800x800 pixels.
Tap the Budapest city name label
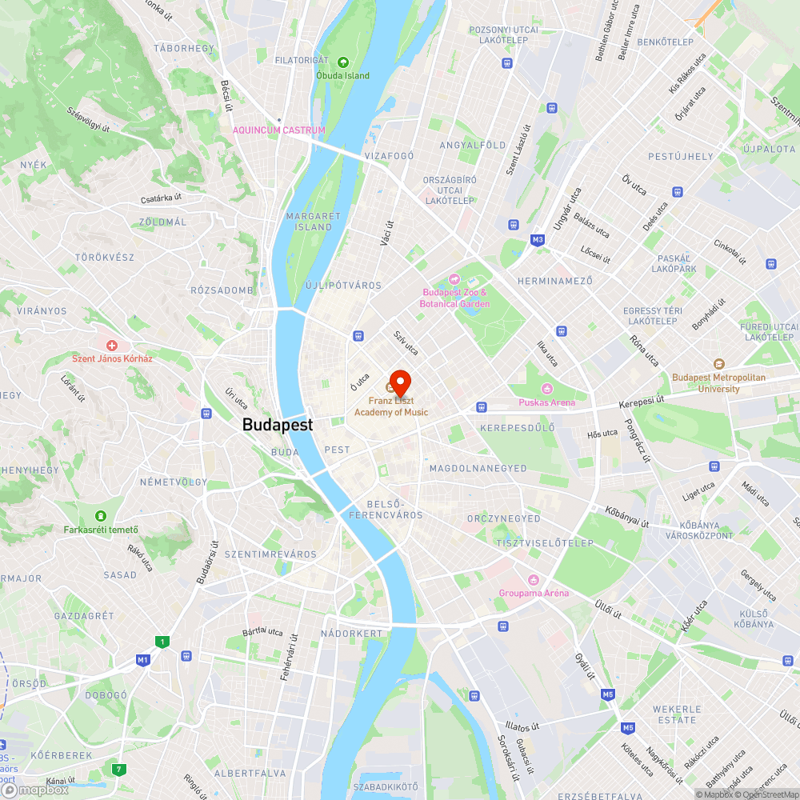pyautogui.click(x=278, y=425)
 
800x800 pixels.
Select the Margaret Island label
pyautogui.click(x=313, y=222)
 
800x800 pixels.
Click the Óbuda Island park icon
pyautogui.click(x=342, y=62)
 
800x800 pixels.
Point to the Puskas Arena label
pyautogui.click(x=546, y=402)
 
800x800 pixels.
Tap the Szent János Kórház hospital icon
pyautogui.click(x=112, y=345)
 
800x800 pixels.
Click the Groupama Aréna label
pyautogui.click(x=534, y=593)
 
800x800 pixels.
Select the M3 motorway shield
pyautogui.click(x=538, y=239)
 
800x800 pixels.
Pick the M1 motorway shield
pyautogui.click(x=143, y=660)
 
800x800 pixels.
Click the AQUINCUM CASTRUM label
pyautogui.click(x=279, y=130)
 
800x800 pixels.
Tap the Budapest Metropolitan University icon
pyautogui.click(x=718, y=364)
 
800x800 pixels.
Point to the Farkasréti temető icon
pyautogui.click(x=101, y=515)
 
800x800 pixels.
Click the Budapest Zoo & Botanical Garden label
pyautogui.click(x=455, y=298)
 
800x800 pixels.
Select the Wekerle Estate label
pyautogui.click(x=677, y=714)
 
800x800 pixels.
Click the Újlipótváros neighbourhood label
pyautogui.click(x=343, y=285)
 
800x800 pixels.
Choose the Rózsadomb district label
pyautogui.click(x=222, y=290)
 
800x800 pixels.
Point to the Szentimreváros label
pyautogui.click(x=270, y=554)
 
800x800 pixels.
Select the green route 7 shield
pyautogui.click(x=119, y=770)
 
